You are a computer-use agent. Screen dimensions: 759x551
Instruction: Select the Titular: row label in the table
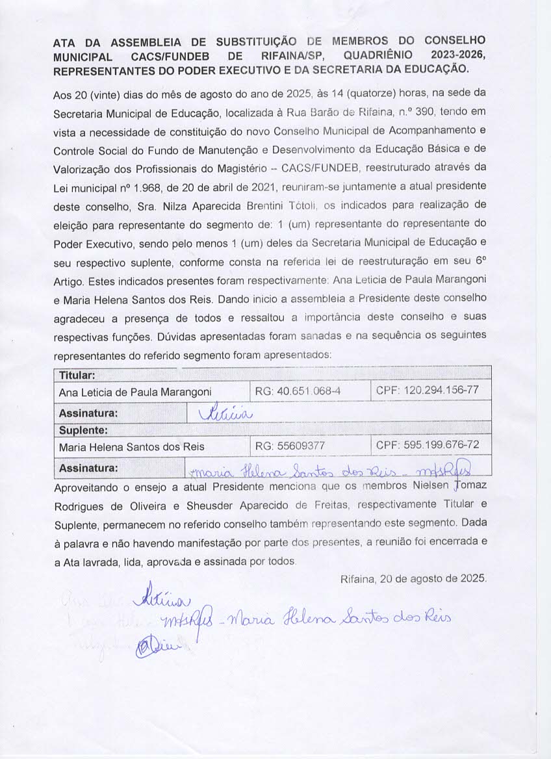pyautogui.click(x=77, y=376)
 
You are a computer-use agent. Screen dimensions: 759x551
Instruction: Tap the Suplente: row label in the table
pyautogui.click(x=83, y=431)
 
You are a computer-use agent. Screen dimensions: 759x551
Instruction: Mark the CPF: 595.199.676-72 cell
pyautogui.click(x=427, y=446)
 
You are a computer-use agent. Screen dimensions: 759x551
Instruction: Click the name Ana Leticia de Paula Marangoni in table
pyautogui.click(x=135, y=392)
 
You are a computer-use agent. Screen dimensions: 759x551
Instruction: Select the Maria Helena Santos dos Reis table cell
pyautogui.click(x=131, y=447)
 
